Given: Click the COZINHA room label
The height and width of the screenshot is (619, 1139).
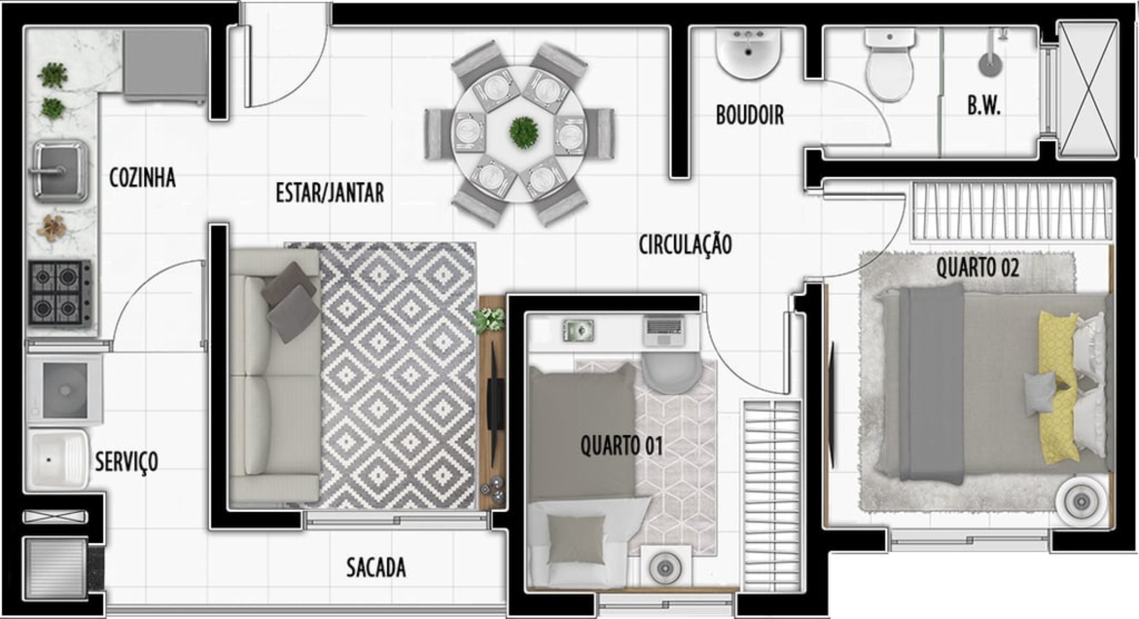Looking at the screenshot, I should [x=142, y=178].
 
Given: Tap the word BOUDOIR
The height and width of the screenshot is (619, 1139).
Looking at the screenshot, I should [x=749, y=115].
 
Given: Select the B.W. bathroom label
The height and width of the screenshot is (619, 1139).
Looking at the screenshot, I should [x=983, y=106].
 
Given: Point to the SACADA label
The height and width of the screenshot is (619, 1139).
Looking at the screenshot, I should [x=376, y=567].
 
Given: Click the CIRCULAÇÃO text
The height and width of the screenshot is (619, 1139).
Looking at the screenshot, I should [x=685, y=244].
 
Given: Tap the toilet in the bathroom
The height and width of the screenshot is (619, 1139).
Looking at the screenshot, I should [x=889, y=66].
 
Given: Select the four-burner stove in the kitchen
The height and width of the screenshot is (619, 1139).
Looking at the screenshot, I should [x=59, y=293].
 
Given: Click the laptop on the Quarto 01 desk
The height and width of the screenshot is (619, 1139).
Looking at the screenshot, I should [x=663, y=330].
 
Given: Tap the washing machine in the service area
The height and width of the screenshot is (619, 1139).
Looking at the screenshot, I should [x=65, y=389].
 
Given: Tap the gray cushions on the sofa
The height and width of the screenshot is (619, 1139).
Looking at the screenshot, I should [x=291, y=301].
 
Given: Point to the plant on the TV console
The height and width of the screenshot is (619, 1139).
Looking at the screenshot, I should [x=490, y=319].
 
